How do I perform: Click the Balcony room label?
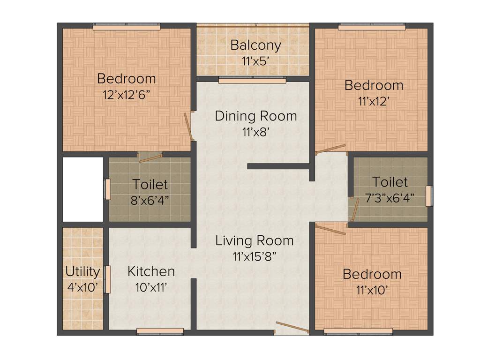click(256, 45)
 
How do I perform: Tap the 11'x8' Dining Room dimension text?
click(255, 132)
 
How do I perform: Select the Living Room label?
click(255, 241)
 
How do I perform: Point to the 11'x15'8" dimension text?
click(255, 256)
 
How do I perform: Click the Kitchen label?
click(151, 271)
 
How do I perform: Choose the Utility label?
click(82, 272)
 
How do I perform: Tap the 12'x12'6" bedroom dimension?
click(126, 94)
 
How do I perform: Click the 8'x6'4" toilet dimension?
click(150, 200)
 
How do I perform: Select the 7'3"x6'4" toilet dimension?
click(390, 197)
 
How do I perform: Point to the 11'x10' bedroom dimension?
click(372, 290)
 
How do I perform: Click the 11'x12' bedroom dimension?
click(374, 101)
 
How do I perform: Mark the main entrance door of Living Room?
click(292, 327)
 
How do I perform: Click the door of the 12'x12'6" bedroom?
click(189, 126)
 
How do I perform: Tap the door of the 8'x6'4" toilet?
click(150, 158)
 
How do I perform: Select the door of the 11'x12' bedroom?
click(330, 149)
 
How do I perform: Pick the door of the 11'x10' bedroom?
click(331, 229)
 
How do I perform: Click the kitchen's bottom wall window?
click(160, 331)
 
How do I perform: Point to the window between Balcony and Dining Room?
click(252, 81)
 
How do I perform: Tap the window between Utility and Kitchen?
click(107, 279)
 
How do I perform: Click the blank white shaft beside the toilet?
click(83, 189)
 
